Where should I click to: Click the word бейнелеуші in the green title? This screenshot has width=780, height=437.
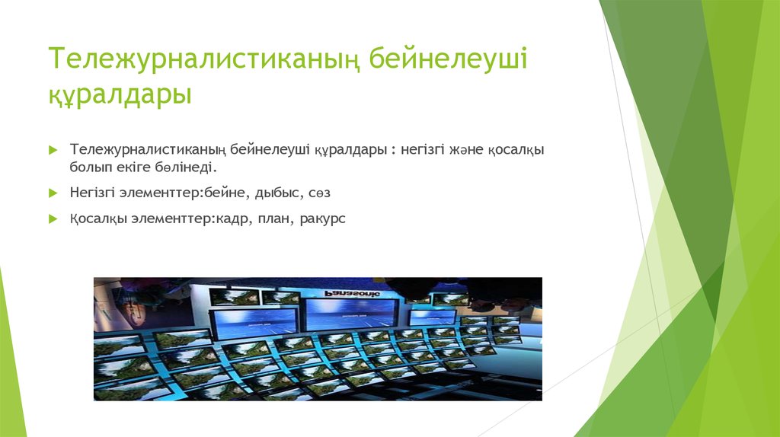[x=448, y=58]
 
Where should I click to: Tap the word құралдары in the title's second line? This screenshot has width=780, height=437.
[x=120, y=94]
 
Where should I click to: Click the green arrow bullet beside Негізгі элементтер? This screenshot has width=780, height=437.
[x=53, y=193]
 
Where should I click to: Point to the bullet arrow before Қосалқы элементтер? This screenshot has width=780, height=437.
[x=53, y=218]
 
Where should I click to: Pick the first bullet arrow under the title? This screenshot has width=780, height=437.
[x=53, y=150]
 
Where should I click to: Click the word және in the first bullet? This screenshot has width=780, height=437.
[x=466, y=150]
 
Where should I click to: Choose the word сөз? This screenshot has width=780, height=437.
[x=319, y=193]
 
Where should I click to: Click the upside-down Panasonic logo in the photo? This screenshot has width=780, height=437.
[x=352, y=293]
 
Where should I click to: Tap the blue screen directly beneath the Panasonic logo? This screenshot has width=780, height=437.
[x=351, y=314]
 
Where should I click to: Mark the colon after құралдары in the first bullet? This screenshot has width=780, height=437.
[x=393, y=151]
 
